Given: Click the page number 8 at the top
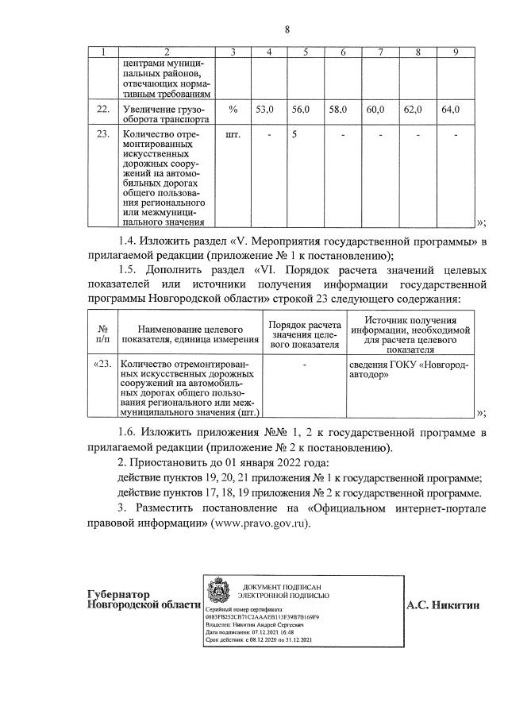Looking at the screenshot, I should (287, 30).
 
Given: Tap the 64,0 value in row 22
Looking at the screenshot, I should (450, 110).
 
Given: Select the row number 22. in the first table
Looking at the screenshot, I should (102, 110).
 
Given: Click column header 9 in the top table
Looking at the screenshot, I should (455, 52).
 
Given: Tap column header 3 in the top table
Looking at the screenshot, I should (233, 52).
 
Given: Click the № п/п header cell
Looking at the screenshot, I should (102, 334).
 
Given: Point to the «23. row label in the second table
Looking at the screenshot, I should (103, 365).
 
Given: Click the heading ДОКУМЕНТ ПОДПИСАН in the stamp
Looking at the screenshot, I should (289, 585).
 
